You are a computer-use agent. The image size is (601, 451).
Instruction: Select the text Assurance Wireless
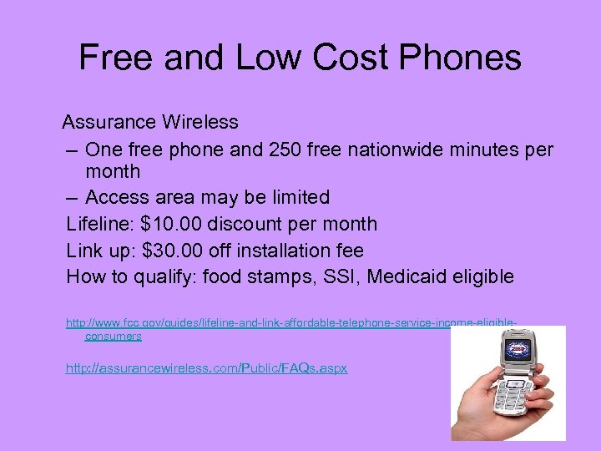pyautogui.click(x=150, y=122)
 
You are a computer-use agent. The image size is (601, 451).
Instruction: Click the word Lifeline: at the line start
pyautogui.click(x=101, y=224)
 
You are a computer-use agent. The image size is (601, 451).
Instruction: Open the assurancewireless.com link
pyautogui.click(x=206, y=368)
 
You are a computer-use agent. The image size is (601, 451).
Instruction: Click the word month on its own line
pyautogui.click(x=113, y=172)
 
